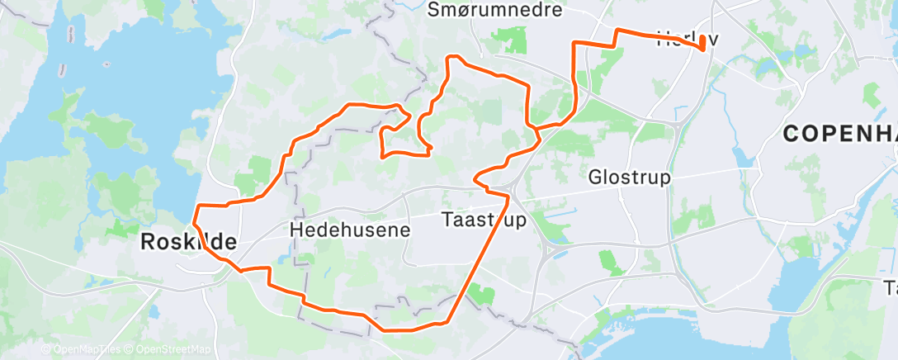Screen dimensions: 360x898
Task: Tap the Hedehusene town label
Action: coord(350,230)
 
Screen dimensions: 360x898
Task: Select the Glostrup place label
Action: coord(629,178)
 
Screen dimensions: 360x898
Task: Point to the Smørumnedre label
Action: coord(484,10)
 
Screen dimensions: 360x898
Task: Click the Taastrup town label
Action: coord(484,220)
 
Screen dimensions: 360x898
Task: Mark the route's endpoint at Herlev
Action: coord(702,48)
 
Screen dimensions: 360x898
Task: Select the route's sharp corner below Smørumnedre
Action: coord(450,57)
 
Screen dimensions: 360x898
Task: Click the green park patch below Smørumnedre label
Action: coord(511,40)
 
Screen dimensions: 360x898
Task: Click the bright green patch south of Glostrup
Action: coord(612,263)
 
